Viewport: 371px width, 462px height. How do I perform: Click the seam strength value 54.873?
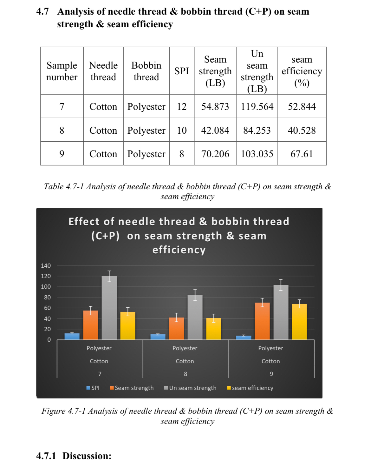(215, 106)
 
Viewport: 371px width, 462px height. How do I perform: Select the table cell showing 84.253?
(257, 130)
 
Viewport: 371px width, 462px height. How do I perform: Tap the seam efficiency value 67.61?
(302, 154)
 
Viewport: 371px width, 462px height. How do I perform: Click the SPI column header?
(182, 71)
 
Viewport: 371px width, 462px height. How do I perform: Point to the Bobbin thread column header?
(146, 71)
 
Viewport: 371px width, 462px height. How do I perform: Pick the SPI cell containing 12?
(182, 106)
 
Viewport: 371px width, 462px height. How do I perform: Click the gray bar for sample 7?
(109, 308)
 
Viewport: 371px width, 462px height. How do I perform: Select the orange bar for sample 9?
(262, 321)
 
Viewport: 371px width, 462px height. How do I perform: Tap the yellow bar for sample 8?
(214, 329)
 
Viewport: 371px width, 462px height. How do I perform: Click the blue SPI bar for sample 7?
(72, 336)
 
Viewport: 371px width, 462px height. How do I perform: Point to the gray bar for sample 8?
(195, 318)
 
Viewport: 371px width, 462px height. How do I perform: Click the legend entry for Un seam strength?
(190, 388)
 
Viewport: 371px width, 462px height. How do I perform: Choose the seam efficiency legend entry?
(250, 388)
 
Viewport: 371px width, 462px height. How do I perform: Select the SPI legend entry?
(93, 388)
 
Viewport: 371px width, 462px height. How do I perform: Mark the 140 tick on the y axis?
(46, 265)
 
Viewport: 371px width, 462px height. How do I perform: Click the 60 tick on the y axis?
(47, 308)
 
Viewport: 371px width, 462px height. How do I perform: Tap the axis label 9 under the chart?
(271, 374)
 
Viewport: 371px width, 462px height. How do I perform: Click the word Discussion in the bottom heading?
(87, 456)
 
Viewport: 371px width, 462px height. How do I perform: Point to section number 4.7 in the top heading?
(42, 11)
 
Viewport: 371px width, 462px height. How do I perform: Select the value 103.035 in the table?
(257, 154)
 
